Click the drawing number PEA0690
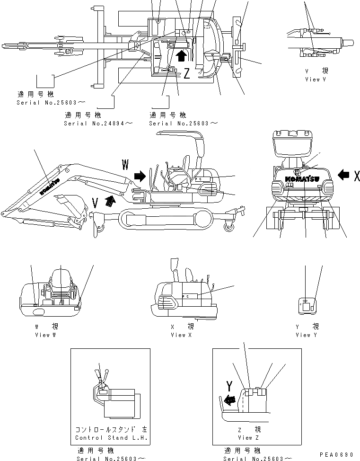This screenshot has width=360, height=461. (336, 455)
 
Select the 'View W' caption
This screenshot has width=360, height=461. (45, 335)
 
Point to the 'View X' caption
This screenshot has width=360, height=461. (178, 335)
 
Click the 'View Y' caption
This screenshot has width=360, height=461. (303, 335)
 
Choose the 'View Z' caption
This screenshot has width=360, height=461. (245, 438)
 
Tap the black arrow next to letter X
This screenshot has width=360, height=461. (343, 176)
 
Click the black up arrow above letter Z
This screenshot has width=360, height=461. (180, 56)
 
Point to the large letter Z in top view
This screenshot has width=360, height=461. (187, 73)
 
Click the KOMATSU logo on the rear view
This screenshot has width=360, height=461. (302, 179)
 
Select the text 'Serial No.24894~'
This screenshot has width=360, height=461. (98, 123)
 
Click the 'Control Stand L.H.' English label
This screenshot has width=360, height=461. (112, 438)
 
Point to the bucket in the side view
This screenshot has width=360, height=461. (71, 205)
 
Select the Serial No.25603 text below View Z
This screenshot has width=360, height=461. (255, 458)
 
